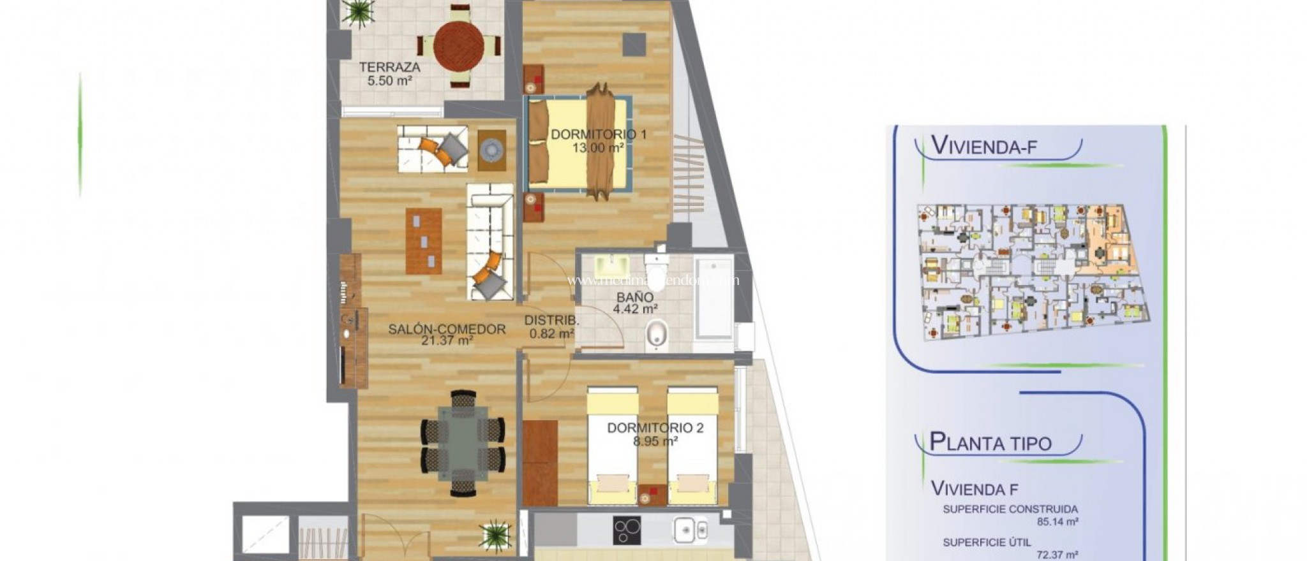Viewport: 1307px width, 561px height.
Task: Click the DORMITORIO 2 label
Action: tap(655, 428)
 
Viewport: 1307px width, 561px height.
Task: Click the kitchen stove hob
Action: tap(627, 530)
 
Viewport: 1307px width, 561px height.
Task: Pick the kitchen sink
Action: tap(691, 529)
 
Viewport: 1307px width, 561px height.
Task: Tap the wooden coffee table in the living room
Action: tap(423, 241)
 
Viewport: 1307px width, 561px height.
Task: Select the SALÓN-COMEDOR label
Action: tap(447, 330)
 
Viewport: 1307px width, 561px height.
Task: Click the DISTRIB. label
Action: tap(552, 321)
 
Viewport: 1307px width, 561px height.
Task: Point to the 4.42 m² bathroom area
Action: tap(635, 310)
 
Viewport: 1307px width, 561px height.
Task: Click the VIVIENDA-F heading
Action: tap(984, 145)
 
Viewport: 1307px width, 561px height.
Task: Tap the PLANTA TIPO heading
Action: tap(990, 442)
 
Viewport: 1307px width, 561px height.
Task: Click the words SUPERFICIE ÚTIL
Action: tap(982, 543)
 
